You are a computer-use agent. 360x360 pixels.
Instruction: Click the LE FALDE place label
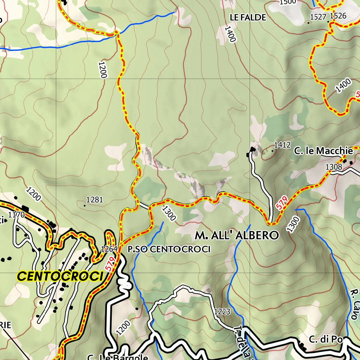248,17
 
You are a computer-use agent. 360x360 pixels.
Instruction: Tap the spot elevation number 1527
319,16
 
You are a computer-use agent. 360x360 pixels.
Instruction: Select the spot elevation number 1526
338,15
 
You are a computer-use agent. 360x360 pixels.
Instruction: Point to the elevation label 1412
282,145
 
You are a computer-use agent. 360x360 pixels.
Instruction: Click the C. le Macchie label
323,151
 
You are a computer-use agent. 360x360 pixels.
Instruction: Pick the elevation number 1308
334,167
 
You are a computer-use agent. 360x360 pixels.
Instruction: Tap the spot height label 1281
95,200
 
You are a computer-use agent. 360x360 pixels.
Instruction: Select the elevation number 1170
17,214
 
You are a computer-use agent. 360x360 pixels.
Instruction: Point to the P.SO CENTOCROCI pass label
169,250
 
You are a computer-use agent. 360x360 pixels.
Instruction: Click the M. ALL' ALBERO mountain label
237,235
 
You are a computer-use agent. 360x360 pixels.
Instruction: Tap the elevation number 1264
109,249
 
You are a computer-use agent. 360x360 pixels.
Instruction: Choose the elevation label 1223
222,311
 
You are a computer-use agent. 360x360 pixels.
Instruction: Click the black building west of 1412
252,150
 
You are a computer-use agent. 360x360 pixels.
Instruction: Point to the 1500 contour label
288,2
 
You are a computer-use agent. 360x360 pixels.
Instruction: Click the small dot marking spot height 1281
85,205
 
